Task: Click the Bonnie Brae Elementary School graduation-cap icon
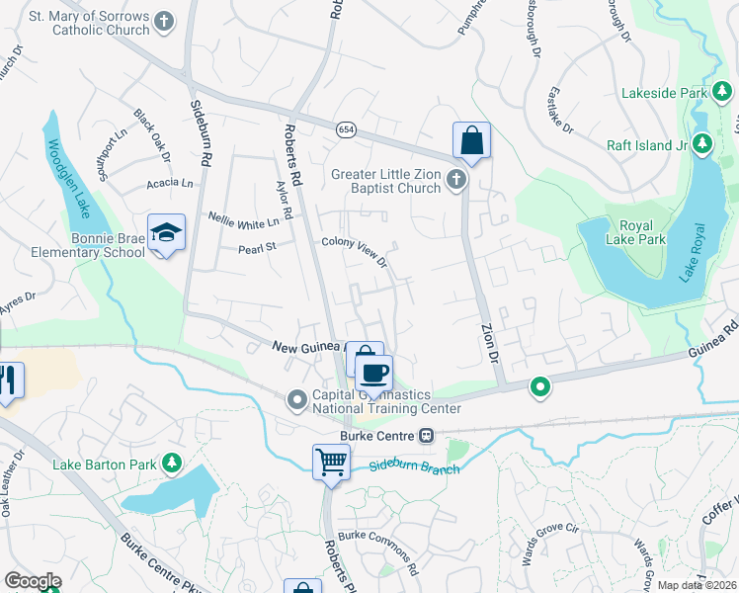click(165, 232)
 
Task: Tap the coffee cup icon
click(373, 374)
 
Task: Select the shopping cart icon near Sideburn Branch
click(331, 461)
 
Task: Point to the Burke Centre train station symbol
click(427, 435)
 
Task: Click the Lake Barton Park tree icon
click(172, 462)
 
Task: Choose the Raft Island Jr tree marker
click(702, 145)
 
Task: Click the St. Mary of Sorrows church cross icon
click(165, 20)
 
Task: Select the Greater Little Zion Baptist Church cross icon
click(455, 180)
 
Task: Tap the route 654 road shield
click(345, 129)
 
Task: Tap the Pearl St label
click(255, 249)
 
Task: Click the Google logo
click(33, 581)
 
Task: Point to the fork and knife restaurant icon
click(9, 381)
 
